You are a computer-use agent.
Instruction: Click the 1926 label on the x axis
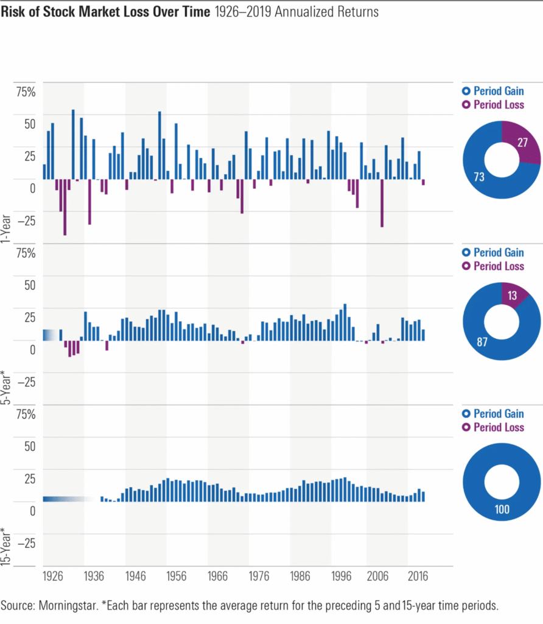point(53,576)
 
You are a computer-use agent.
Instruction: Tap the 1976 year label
point(257,576)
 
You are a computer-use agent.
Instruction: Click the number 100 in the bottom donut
point(502,509)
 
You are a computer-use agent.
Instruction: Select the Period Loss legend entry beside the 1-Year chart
point(493,105)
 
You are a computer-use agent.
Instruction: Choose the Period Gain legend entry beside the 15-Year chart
point(493,414)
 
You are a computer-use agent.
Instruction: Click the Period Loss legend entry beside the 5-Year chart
point(493,266)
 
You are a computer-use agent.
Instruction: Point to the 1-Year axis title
point(8,228)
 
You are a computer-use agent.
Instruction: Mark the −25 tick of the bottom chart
point(26,542)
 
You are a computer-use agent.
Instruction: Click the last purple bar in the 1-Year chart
point(423,182)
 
